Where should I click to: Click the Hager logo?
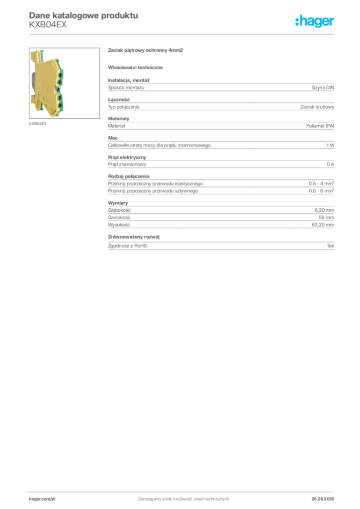pyautogui.click(x=315, y=21)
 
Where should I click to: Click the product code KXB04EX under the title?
pyautogui.click(x=48, y=25)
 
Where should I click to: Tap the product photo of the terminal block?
pyautogui.click(x=64, y=83)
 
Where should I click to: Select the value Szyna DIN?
pyautogui.click(x=323, y=87)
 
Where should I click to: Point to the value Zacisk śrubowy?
pyautogui.click(x=317, y=107)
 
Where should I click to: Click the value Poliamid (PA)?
pyautogui.click(x=320, y=126)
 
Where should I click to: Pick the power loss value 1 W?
pyautogui.click(x=330, y=145)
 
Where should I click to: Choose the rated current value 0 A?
pyautogui.click(x=330, y=164)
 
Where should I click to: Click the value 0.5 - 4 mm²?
pyautogui.click(x=321, y=183)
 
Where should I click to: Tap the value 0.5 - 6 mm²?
pyautogui.click(x=321, y=191)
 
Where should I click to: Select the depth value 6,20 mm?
pyautogui.click(x=324, y=210)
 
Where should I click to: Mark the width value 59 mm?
pyautogui.click(x=326, y=218)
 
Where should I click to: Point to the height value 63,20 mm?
pyautogui.click(x=323, y=225)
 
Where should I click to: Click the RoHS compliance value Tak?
pyautogui.click(x=331, y=246)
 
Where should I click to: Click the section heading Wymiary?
pyautogui.click(x=118, y=203)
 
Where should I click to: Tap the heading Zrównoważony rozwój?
pyautogui.click(x=134, y=237)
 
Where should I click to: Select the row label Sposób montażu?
pyautogui.click(x=126, y=87)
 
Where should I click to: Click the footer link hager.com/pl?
pyautogui.click(x=42, y=499)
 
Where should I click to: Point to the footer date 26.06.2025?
pyautogui.click(x=323, y=499)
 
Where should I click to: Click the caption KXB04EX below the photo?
pyautogui.click(x=38, y=124)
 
